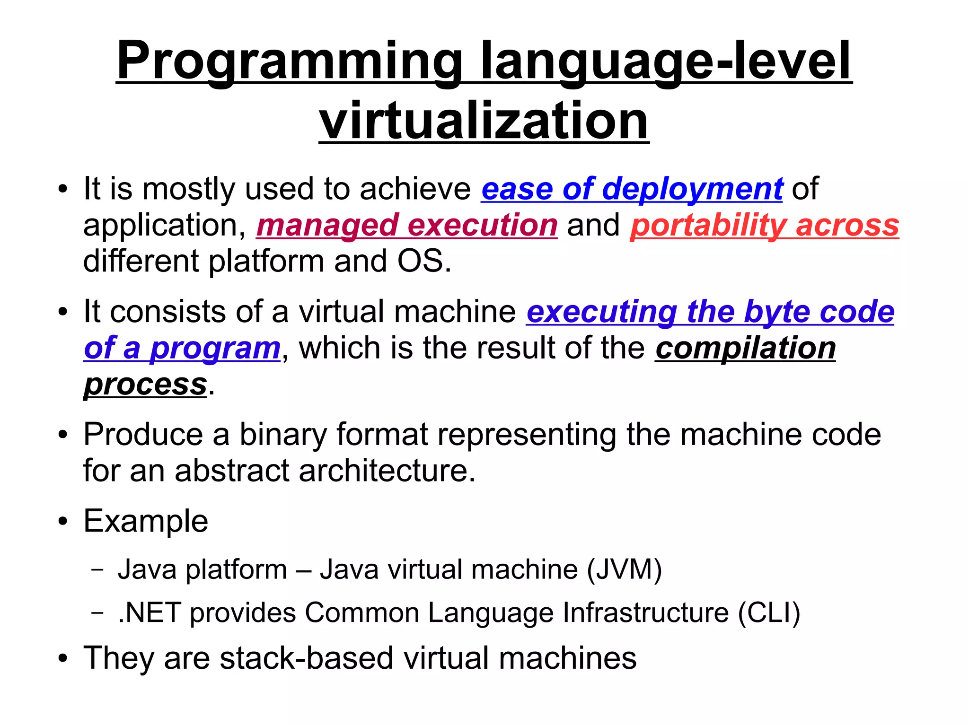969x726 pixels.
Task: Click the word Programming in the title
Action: pyautogui.click(x=289, y=61)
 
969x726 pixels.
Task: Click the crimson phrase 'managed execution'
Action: pyautogui.click(x=407, y=225)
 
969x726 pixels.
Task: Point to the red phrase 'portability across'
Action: pyautogui.click(x=764, y=225)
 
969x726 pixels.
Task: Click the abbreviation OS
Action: pyautogui.click(x=423, y=261)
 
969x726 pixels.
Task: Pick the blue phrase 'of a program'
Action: pyautogui.click(x=182, y=348)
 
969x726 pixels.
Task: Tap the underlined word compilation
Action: pyautogui.click(x=745, y=348)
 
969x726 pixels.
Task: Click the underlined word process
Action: pyautogui.click(x=145, y=384)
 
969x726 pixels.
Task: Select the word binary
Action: pyautogui.click(x=282, y=434)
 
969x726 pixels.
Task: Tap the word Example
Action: pyautogui.click(x=146, y=521)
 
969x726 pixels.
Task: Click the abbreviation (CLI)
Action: pyautogui.click(x=769, y=613)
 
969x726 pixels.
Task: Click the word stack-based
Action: pyautogui.click(x=307, y=658)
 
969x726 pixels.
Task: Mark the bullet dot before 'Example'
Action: pyautogui.click(x=63, y=522)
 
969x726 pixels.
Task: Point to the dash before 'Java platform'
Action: pyautogui.click(x=98, y=569)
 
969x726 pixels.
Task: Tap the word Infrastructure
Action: pyautogui.click(x=645, y=613)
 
